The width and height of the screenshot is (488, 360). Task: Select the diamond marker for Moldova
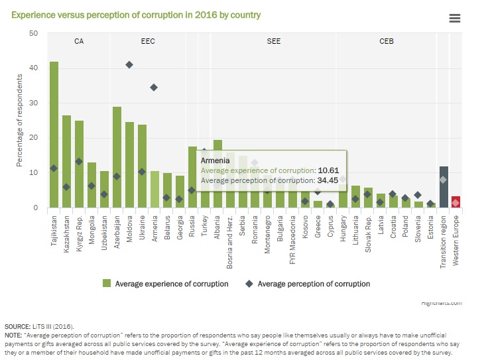[x=129, y=64]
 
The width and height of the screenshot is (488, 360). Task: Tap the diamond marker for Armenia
[x=154, y=88]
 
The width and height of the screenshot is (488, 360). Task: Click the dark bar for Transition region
[x=444, y=187]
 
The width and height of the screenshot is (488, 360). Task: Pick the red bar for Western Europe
[x=456, y=202]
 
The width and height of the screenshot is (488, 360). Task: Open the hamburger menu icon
[x=455, y=19]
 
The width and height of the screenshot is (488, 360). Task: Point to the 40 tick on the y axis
[x=33, y=68]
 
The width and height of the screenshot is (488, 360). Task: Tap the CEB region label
[x=386, y=41]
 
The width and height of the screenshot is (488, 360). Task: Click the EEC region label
[x=148, y=41]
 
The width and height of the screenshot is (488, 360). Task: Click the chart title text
[x=135, y=15]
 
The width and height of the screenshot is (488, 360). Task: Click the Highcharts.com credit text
[x=442, y=302]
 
